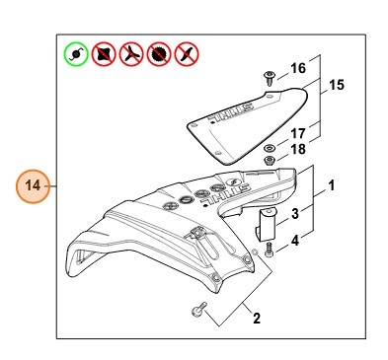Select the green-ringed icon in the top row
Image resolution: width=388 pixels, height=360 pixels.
click(75, 53)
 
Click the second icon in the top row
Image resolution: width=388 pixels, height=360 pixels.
click(103, 53)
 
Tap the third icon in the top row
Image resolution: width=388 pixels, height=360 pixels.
click(129, 53)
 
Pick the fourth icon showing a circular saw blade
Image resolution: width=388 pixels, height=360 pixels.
click(157, 53)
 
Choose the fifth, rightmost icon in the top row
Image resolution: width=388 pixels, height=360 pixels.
click(184, 53)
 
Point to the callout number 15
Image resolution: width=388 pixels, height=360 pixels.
click(336, 86)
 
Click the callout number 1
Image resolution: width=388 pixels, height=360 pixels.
click(332, 184)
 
